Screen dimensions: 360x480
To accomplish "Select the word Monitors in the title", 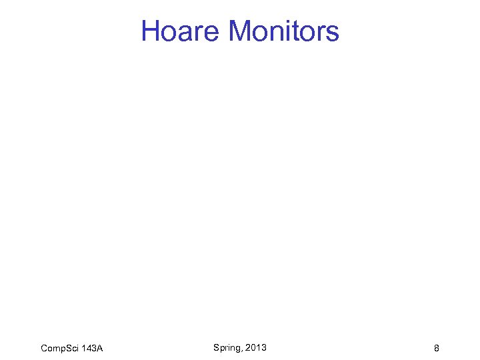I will [283, 31].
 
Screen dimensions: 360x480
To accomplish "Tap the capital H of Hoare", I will [151, 31].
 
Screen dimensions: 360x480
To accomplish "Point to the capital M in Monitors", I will [240, 31].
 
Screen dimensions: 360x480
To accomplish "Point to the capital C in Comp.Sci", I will [44, 348].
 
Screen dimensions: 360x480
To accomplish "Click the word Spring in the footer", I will [227, 347].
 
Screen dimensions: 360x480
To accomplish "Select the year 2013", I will [256, 347].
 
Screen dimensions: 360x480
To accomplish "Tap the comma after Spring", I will [243, 350].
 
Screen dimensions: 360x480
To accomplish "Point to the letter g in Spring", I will [239, 349].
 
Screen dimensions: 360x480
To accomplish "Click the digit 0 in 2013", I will [253, 347].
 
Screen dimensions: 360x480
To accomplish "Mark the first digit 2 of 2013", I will [248, 347].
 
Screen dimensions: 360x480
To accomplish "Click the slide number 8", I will [436, 348].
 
